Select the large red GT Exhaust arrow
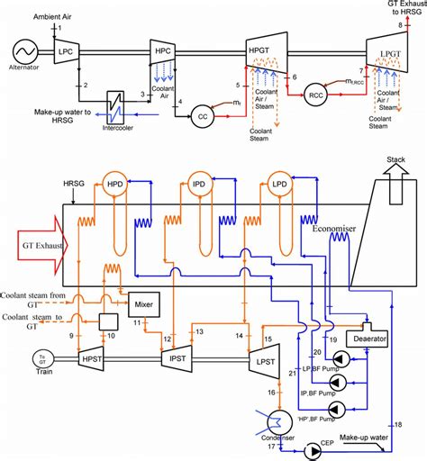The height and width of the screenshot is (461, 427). point(45,244)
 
